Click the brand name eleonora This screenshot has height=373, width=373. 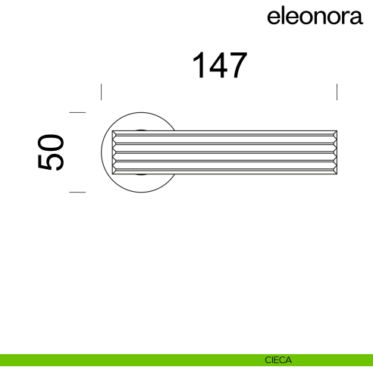click(x=315, y=17)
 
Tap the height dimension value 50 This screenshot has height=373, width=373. click(x=51, y=152)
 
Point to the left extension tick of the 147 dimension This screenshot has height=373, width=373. click(x=102, y=92)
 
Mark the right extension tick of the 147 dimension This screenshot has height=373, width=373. click(x=337, y=92)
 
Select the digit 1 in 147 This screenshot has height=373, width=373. click(x=198, y=66)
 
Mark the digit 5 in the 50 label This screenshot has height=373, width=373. click(x=51, y=162)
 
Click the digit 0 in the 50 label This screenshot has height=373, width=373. click(x=51, y=142)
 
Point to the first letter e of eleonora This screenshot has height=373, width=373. click(x=274, y=17)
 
